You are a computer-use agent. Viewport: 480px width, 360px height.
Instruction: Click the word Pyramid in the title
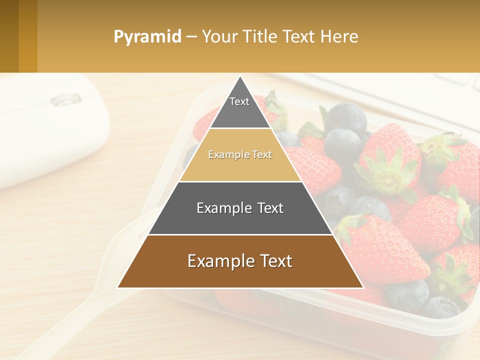coord(147,37)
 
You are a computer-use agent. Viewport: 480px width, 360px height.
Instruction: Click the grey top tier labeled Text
coord(239,108)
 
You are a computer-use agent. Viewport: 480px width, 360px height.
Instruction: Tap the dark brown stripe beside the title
coord(9,36)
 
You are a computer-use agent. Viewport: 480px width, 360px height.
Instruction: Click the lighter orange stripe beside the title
coord(28,36)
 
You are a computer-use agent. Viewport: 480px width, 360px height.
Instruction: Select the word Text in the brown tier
coord(273,261)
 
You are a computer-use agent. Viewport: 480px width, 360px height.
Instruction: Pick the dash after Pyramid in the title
coord(191,37)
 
